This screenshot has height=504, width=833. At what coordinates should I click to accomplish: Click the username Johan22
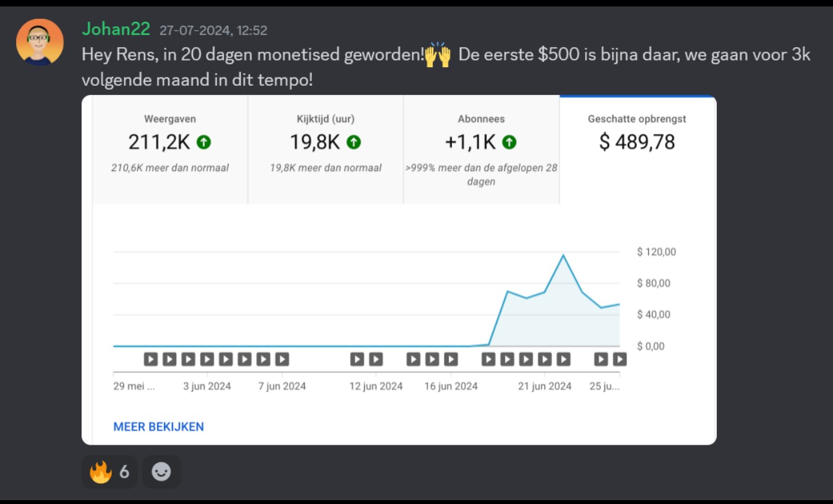click(x=116, y=29)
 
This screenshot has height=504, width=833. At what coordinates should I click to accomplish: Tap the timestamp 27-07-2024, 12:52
click(x=214, y=30)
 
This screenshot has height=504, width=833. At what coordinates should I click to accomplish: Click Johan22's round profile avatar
click(x=40, y=43)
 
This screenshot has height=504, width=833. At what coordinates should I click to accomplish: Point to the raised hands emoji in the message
click(x=438, y=55)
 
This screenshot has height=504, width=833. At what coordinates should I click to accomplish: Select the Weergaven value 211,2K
click(x=159, y=142)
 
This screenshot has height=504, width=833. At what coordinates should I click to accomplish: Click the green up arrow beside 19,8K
click(x=354, y=142)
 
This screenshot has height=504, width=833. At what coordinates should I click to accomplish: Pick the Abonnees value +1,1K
click(x=471, y=142)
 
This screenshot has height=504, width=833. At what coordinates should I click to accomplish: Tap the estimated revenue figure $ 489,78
click(x=637, y=142)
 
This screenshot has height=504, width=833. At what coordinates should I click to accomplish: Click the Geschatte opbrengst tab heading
click(x=637, y=119)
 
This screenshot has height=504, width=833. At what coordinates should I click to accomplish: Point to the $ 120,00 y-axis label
click(x=656, y=252)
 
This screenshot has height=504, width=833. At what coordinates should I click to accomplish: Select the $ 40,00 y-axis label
click(x=653, y=314)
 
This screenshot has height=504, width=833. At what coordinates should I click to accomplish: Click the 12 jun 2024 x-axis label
click(x=376, y=386)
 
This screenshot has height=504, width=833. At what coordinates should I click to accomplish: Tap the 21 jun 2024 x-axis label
click(x=545, y=386)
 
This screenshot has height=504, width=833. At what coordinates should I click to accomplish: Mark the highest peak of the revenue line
click(x=563, y=255)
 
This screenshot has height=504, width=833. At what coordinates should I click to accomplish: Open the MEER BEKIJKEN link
click(x=158, y=427)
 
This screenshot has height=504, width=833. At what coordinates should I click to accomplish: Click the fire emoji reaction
click(x=100, y=472)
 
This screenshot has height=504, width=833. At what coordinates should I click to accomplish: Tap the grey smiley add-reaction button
click(x=161, y=472)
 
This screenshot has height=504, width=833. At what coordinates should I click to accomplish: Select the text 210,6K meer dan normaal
click(x=170, y=168)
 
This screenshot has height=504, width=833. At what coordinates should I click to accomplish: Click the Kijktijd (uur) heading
click(x=325, y=119)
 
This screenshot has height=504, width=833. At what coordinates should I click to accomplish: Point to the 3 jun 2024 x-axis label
click(x=207, y=386)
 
